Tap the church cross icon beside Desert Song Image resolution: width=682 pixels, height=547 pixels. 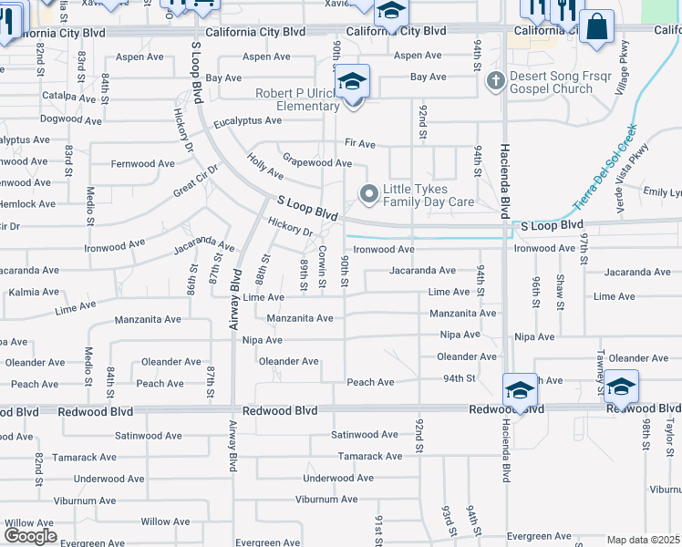(495, 81)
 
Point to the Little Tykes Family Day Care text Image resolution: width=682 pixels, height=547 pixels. (428, 195)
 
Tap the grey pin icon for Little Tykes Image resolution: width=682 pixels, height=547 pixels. (369, 193)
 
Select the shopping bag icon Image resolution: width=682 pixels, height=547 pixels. (597, 27)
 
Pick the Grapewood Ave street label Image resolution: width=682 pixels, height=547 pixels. (316, 163)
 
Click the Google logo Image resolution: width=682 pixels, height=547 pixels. (30, 535)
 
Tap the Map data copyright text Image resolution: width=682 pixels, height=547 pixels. (644, 540)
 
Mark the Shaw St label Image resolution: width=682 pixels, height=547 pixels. (561, 291)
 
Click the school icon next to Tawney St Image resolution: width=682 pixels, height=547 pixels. (621, 387)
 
